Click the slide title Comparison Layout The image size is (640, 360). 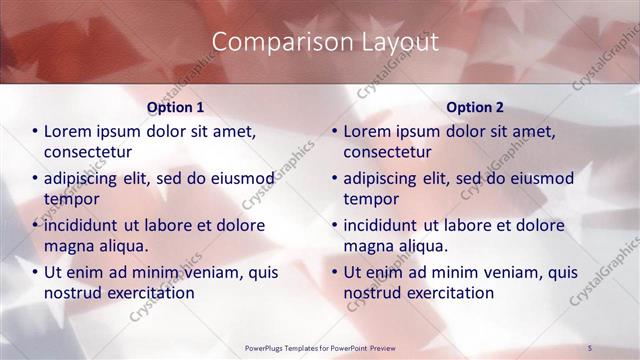(x=327, y=42)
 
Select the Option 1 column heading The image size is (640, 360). (x=175, y=107)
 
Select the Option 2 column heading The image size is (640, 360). (x=476, y=107)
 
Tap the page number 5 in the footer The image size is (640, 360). (x=590, y=347)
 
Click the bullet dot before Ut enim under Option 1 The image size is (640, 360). (x=36, y=272)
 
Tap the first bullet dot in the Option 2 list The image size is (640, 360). (x=336, y=131)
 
